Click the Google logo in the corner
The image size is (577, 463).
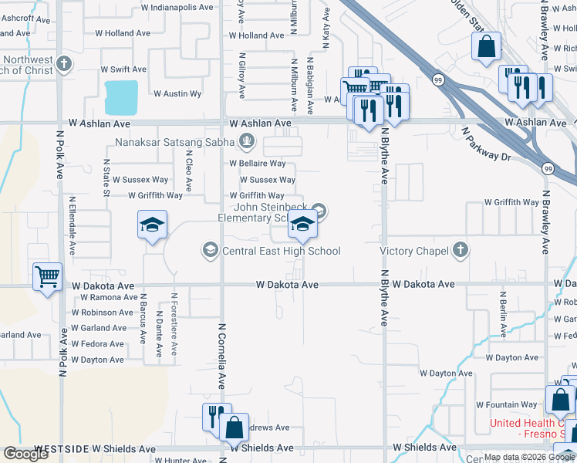(25, 454)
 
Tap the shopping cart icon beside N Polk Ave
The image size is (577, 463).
(48, 275)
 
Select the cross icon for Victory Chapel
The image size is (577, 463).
(460, 250)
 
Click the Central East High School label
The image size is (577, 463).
(281, 250)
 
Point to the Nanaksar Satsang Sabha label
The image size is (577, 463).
(176, 141)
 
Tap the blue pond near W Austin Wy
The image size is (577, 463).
(121, 96)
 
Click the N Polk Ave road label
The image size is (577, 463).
(60, 154)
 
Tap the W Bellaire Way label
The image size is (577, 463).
(257, 164)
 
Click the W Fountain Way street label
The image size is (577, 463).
(506, 405)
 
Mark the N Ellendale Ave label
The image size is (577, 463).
(73, 228)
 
